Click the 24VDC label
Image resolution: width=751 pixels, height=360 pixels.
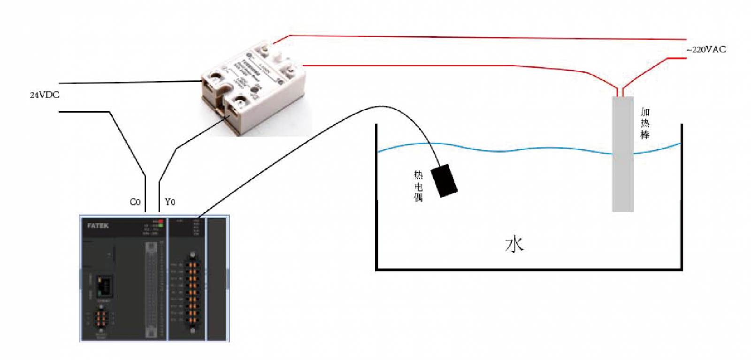pyautogui.click(x=45, y=95)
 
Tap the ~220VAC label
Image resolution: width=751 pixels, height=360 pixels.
pyautogui.click(x=706, y=49)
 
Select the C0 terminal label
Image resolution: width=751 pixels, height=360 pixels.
pyautogui.click(x=135, y=202)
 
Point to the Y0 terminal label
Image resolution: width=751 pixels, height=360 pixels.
pyautogui.click(x=170, y=202)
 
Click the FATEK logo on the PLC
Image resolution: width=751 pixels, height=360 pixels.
pyautogui.click(x=98, y=226)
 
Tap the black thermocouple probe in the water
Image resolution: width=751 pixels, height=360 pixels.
pyautogui.click(x=444, y=180)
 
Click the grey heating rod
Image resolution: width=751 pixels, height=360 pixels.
pyautogui.click(x=622, y=155)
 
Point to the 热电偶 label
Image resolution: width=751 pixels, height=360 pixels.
pyautogui.click(x=418, y=186)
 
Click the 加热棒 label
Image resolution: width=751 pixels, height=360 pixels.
pyautogui.click(x=645, y=123)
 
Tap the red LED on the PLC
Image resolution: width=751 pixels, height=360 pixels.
pyautogui.click(x=161, y=221)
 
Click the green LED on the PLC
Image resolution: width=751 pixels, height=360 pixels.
pyautogui.click(x=161, y=226)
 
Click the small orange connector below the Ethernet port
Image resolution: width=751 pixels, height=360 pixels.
pyautogui.click(x=101, y=319)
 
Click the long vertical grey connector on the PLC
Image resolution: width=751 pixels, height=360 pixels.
pyautogui.click(x=151, y=289)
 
